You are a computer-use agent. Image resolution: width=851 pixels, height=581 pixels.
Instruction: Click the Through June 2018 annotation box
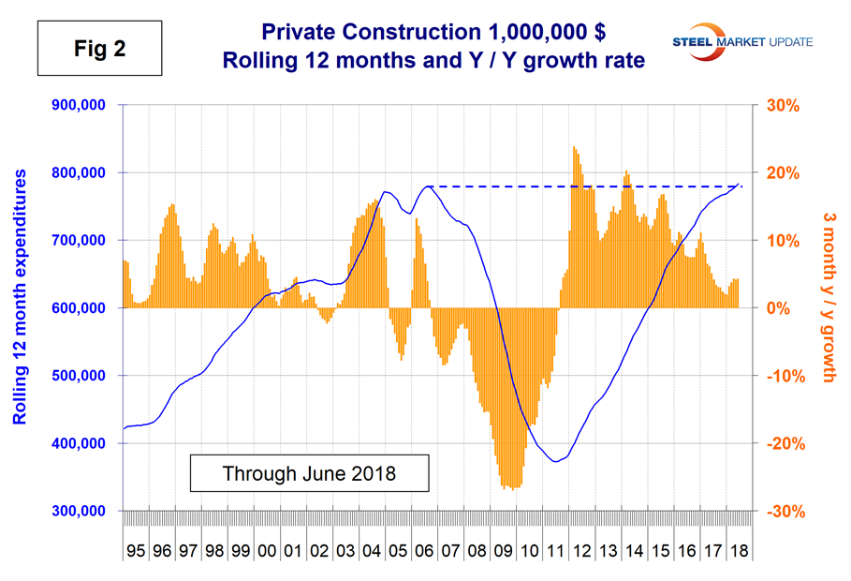pyautogui.click(x=309, y=473)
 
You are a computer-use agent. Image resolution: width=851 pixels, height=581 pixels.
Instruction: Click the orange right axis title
pyautogui.click(x=829, y=308)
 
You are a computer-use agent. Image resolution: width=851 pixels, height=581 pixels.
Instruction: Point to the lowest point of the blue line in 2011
pyautogui.click(x=556, y=461)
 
